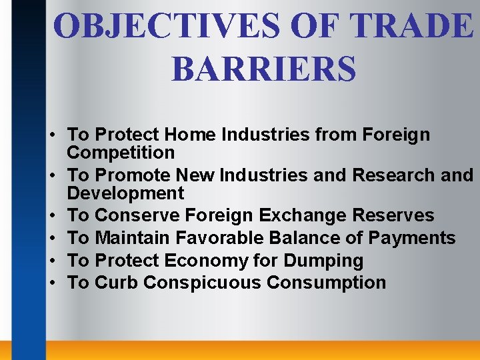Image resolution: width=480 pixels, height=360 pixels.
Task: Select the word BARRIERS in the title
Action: (x=263, y=69)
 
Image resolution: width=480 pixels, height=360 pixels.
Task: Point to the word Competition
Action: (x=121, y=153)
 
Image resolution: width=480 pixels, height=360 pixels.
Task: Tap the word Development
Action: (x=125, y=193)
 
